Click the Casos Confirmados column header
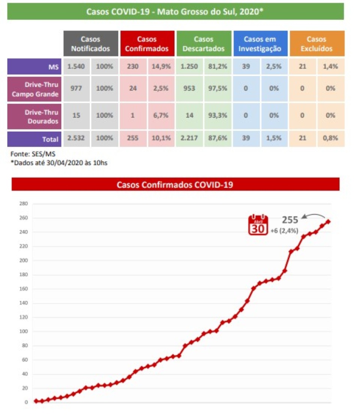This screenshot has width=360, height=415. (x=147, y=44)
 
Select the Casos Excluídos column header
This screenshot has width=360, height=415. (x=316, y=44)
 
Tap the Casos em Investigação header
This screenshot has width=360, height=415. (x=260, y=44)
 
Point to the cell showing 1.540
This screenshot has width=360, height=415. (x=76, y=67)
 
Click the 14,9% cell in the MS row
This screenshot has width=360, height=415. (x=161, y=67)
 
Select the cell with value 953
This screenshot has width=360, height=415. (x=190, y=89)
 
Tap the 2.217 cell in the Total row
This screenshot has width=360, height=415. (x=190, y=138)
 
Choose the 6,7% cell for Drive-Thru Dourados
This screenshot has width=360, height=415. (x=161, y=116)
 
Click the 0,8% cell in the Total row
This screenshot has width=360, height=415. (x=330, y=138)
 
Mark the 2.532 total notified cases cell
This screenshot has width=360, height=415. (x=76, y=138)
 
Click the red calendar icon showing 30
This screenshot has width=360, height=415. (x=258, y=225)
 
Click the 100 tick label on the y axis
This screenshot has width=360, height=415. (x=24, y=332)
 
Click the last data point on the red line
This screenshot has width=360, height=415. (x=328, y=221)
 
